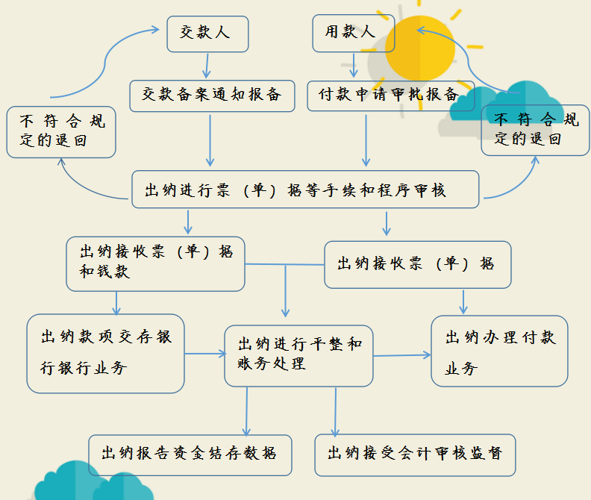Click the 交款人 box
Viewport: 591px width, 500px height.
205,34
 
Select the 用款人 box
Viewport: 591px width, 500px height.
349,34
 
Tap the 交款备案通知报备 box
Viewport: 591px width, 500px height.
212,96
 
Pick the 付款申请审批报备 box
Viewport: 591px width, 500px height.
389,96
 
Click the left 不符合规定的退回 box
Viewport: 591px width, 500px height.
61,131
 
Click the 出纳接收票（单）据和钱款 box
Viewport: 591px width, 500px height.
155,263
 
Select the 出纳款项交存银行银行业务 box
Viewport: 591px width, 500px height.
105,353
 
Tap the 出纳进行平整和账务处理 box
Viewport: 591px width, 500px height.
298,355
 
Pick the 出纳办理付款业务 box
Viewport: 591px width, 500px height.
499,351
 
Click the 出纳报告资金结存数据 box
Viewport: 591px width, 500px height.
190,452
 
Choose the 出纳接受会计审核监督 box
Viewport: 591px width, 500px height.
414,453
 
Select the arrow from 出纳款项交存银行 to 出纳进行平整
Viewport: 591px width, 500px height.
204,353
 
